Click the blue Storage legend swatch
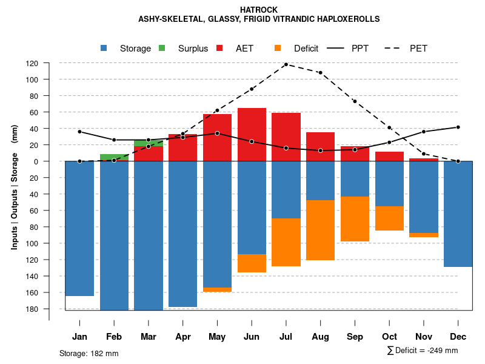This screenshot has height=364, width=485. point(104,48)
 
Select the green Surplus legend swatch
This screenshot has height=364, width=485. point(162,48)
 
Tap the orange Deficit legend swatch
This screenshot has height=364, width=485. point(278,48)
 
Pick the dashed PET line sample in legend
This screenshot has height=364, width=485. point(395,48)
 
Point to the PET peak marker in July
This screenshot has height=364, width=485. point(286,64)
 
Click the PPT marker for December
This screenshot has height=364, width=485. point(458,127)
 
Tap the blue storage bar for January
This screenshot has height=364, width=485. point(79,228)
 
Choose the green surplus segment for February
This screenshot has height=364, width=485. point(114,157)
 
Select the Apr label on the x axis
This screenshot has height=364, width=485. point(183,337)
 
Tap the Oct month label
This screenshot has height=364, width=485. point(390,337)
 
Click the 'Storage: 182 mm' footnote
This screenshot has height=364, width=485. point(89,353)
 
